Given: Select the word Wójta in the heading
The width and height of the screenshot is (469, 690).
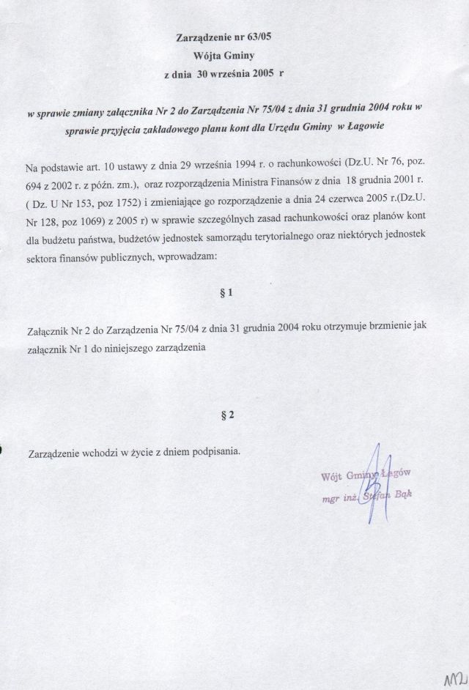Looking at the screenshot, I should [x=208, y=56].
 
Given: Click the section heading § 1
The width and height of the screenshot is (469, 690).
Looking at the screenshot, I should [x=226, y=293].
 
